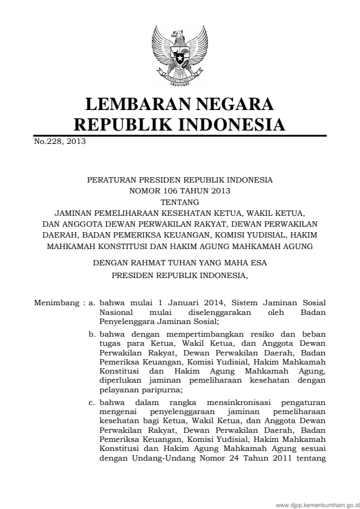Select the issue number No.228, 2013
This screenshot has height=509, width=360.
[59, 142]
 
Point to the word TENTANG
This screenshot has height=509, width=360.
[180, 203]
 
